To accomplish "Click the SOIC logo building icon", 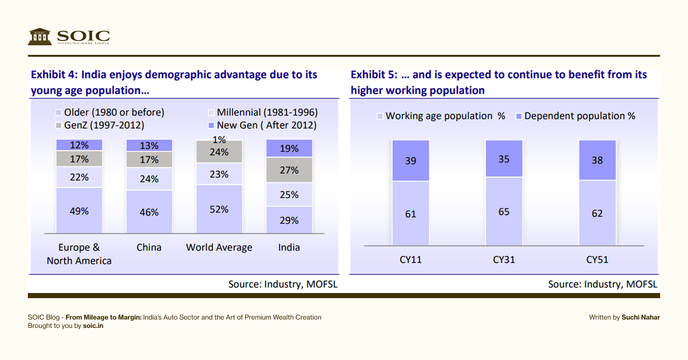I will tap(40, 36).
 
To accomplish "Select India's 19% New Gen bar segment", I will tap(289, 149).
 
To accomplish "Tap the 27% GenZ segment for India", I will tap(289, 170).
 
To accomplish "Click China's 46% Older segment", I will tap(149, 212).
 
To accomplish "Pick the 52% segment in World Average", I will tap(219, 209).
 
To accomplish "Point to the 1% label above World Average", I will tap(219, 140).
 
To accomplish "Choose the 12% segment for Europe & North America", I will tap(79, 145).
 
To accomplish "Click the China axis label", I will tap(149, 247).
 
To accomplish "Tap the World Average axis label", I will tap(219, 247).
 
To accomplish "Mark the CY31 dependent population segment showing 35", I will tap(504, 159).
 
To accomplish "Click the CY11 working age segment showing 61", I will tap(410, 214).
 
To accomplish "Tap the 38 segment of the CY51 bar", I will tap(597, 160).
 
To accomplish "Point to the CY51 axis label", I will tap(597, 260).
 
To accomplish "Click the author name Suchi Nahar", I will tap(641, 317).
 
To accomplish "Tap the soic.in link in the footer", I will tap(93, 326).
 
